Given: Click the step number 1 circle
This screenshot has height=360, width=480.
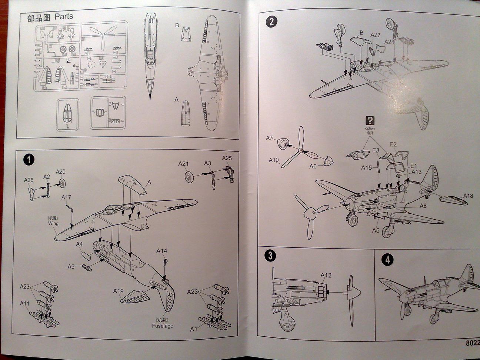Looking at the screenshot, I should click(29, 160).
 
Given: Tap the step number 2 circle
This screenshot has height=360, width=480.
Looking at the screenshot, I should click(271, 21).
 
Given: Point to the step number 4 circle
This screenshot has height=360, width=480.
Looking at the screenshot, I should click(387, 260).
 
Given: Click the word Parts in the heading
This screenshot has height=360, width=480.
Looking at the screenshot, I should click(64, 17).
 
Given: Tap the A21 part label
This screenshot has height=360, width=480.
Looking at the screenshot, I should click(183, 163).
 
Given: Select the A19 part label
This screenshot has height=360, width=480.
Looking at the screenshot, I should click(118, 291).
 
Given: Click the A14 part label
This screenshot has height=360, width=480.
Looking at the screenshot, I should click(161, 251).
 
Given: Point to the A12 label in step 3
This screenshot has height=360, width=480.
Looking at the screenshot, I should click(326, 275).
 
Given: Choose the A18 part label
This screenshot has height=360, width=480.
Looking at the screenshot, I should click(468, 196).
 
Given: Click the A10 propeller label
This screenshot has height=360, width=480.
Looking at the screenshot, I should click(274, 160).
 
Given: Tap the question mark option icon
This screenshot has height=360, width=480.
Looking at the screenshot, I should click(370, 120).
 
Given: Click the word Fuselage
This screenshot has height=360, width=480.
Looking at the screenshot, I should click(162, 326).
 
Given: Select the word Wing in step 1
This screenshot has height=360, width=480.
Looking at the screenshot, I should click(53, 223).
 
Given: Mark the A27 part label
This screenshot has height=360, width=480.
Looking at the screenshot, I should click(376, 35).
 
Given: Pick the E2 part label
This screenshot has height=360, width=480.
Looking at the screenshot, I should click(393, 144).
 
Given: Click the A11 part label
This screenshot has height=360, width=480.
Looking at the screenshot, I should click(25, 304).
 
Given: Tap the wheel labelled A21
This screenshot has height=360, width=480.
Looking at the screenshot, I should click(190, 177).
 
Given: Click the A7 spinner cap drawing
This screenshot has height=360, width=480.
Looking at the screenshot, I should click(283, 143).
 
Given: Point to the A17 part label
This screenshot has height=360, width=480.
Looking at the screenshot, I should click(66, 197).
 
